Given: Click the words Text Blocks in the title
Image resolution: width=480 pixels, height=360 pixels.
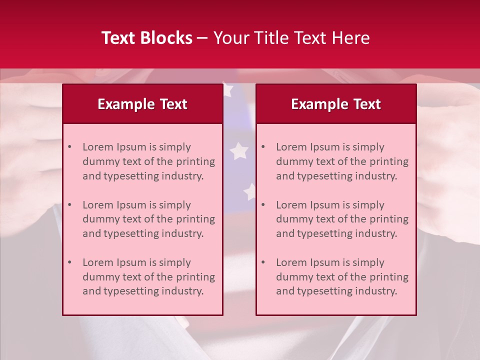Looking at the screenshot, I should [146, 38].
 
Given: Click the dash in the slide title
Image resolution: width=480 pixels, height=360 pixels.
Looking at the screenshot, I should [202, 38].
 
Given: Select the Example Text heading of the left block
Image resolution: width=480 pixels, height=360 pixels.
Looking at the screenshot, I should [142, 104].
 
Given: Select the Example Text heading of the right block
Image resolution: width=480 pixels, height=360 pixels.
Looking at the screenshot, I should [336, 104].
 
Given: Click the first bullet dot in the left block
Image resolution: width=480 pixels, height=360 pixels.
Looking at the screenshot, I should [69, 147].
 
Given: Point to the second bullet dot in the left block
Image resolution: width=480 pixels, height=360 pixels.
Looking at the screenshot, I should [69, 205].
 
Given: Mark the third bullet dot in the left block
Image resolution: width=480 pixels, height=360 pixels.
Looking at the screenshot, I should [69, 262].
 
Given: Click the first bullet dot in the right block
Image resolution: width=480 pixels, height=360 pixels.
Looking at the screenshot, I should [263, 147].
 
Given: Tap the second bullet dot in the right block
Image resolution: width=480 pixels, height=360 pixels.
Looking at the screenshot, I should [263, 205].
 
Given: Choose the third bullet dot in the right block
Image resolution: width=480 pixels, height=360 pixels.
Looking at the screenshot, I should [263, 262].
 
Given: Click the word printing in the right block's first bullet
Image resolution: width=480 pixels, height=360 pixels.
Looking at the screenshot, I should [389, 161].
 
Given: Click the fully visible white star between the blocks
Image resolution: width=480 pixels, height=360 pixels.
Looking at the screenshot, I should [239, 150].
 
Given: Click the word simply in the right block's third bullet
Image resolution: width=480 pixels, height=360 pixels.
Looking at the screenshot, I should [368, 262].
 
